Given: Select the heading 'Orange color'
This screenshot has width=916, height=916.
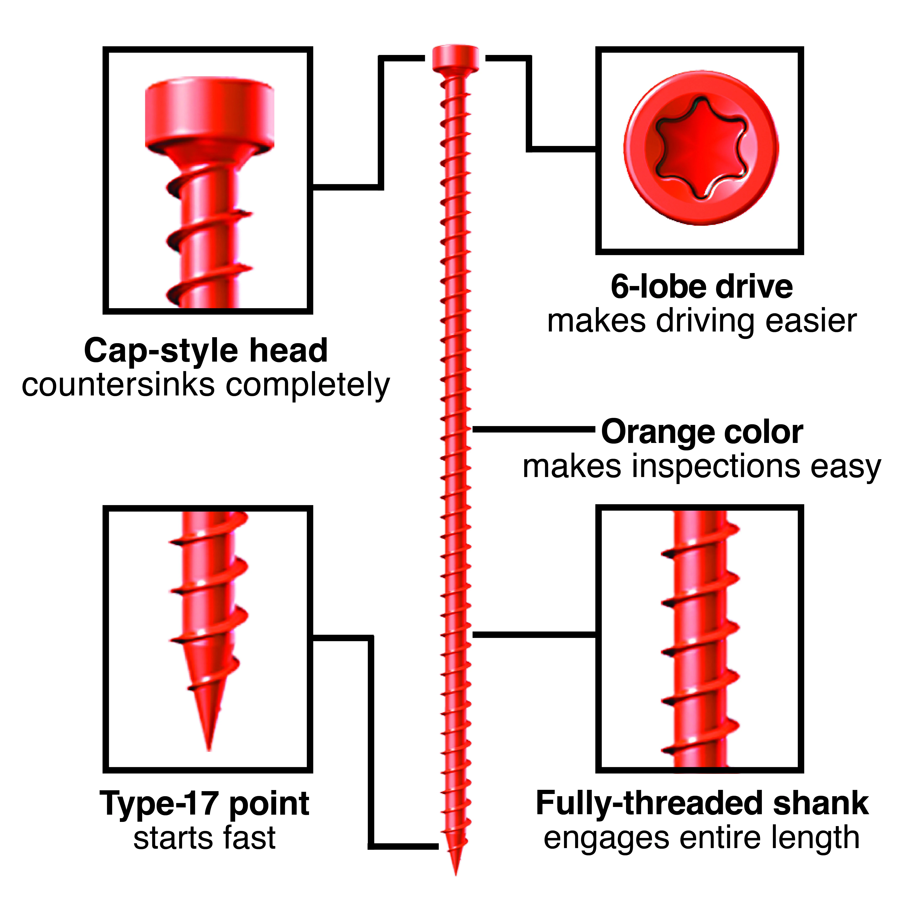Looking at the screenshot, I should tap(702, 432).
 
